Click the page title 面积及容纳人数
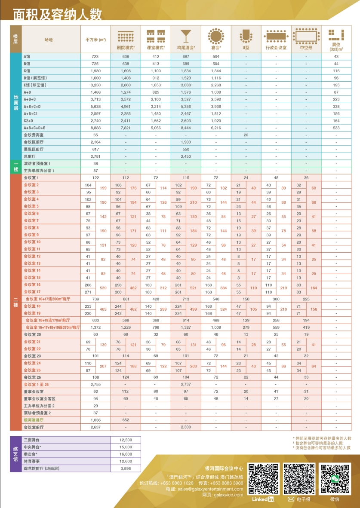tap(57, 15)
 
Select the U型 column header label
tap(246, 48)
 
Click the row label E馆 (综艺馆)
tap(35, 85)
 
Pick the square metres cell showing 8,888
tap(95, 128)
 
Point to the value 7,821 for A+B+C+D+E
tap(126, 128)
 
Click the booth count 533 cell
tap(336, 128)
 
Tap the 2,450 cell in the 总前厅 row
tap(186, 156)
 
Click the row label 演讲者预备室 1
tap(37, 164)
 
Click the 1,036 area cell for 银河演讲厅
tap(95, 420)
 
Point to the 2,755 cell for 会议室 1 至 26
tap(95, 384)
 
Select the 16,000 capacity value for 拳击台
tap(126, 454)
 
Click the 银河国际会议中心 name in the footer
tap(224, 468)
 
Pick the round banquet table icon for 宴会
tap(216, 35)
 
